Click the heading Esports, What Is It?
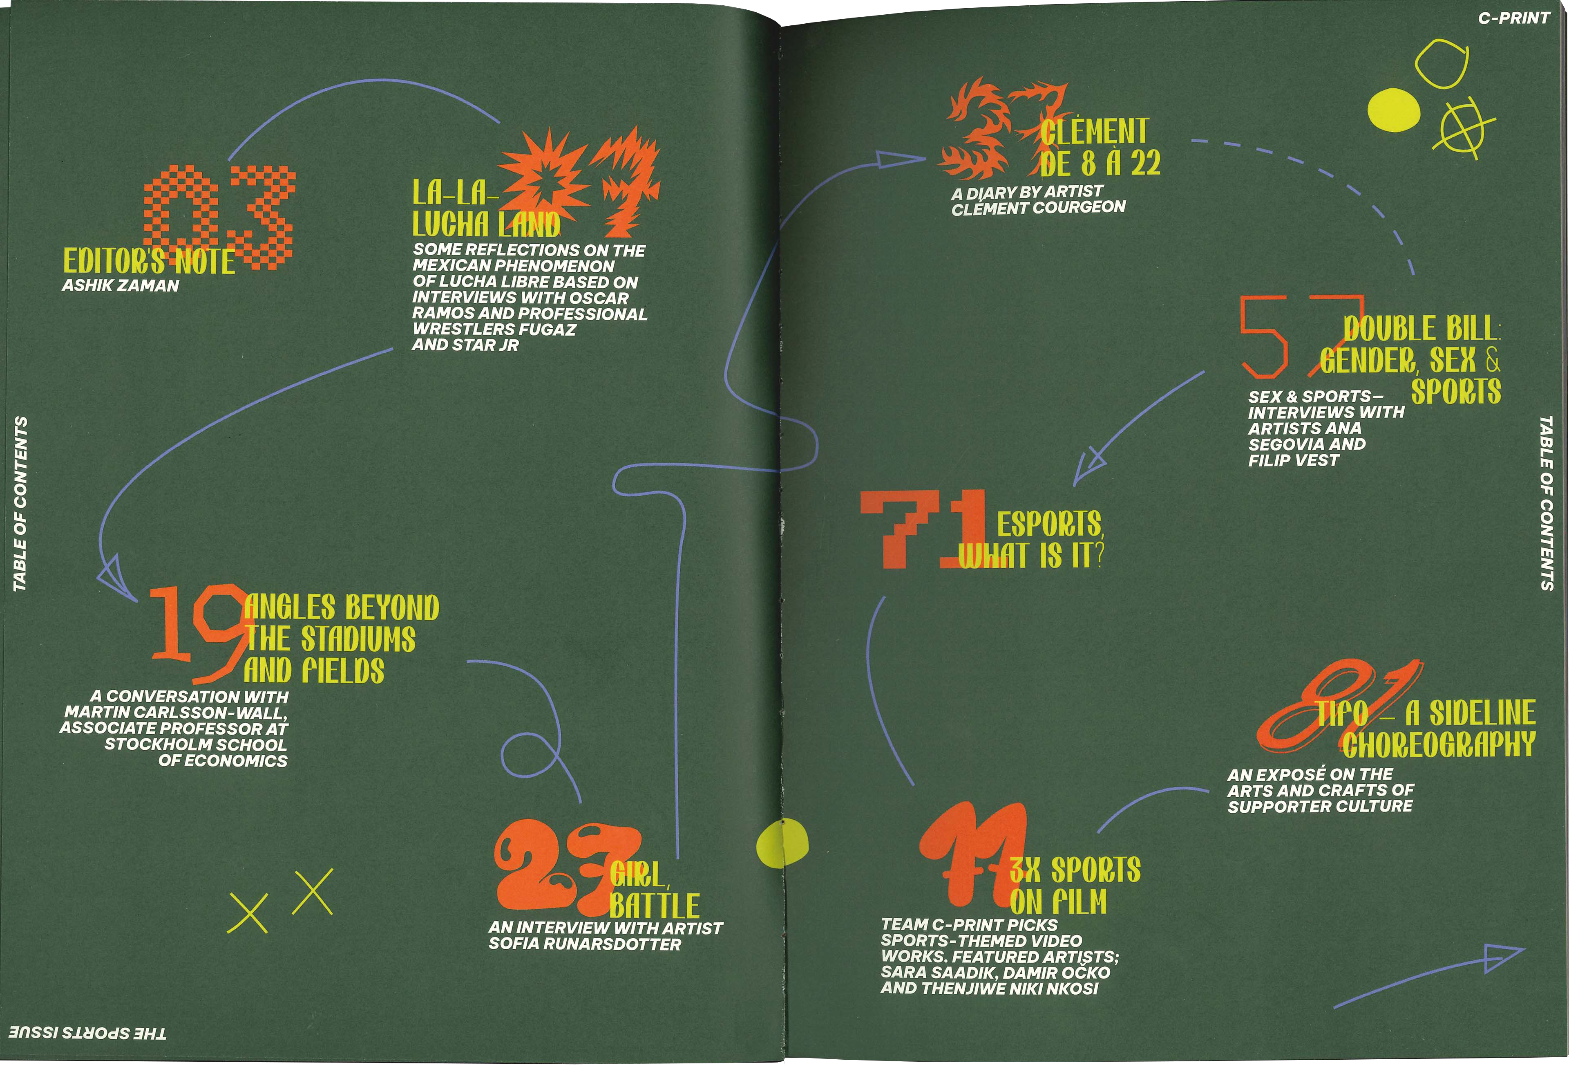tap(1032, 540)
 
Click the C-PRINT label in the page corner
tap(1514, 18)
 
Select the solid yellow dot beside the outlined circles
tap(1393, 110)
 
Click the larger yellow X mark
tap(313, 892)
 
